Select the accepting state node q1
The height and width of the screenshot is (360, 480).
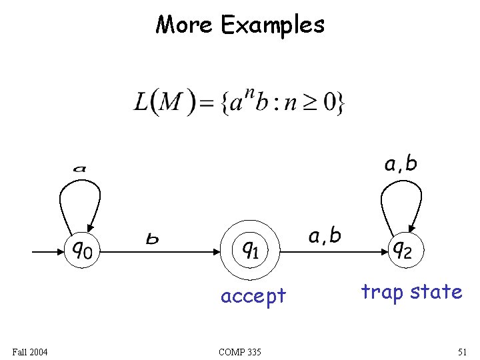coord(251,251)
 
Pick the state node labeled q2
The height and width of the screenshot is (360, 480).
coord(402,251)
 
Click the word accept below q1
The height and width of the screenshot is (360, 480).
coord(253,295)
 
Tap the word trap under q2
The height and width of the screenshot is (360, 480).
coord(382,293)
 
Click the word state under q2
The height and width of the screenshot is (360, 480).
coord(436,292)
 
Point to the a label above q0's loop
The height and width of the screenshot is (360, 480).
coord(79,169)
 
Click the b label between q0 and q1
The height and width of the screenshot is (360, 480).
coord(153,239)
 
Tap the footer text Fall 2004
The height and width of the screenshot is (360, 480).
coord(30,351)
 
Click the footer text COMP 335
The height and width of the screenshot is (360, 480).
coord(239,351)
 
